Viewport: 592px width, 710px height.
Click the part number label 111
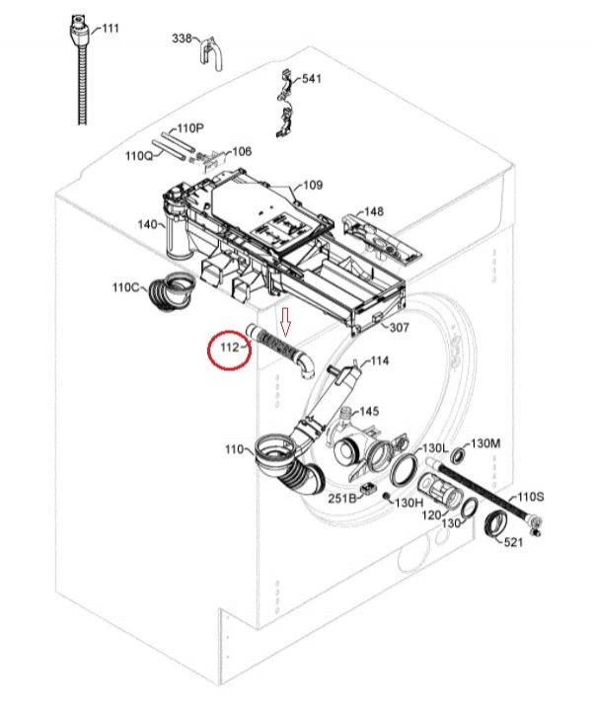point(111,28)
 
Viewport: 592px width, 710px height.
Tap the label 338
point(182,39)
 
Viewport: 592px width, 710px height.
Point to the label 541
point(312,78)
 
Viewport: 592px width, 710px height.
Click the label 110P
point(190,128)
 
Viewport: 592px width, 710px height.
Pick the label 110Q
point(139,156)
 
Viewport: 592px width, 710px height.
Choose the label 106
point(242,151)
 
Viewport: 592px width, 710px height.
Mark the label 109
point(313,185)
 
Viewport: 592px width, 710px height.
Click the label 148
point(373,211)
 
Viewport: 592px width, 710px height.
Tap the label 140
point(148,224)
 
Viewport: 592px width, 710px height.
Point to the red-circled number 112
point(230,348)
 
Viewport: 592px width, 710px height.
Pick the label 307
point(400,327)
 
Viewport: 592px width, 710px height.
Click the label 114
point(380,360)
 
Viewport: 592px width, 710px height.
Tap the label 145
point(369,412)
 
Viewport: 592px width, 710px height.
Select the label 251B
point(342,498)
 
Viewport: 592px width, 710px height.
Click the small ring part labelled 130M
point(459,454)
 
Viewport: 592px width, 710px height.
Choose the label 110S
point(531,497)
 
